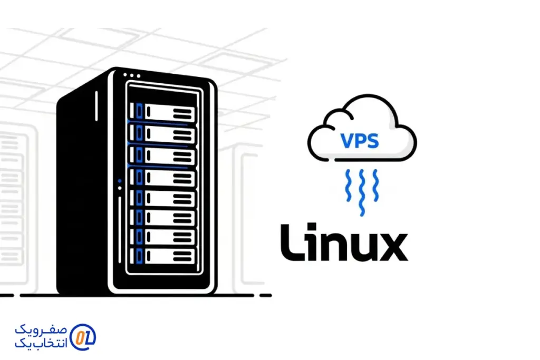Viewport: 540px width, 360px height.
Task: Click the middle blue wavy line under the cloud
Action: click(361, 192)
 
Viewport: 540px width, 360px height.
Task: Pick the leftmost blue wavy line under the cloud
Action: click(348, 186)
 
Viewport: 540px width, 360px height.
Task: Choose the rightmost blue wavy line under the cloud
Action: click(375, 186)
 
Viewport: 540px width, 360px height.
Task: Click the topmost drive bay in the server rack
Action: click(163, 112)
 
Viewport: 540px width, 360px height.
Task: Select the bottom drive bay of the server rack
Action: click(163, 257)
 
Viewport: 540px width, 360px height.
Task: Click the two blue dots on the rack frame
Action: click(120, 184)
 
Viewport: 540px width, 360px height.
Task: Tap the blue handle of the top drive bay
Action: click(139, 112)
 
